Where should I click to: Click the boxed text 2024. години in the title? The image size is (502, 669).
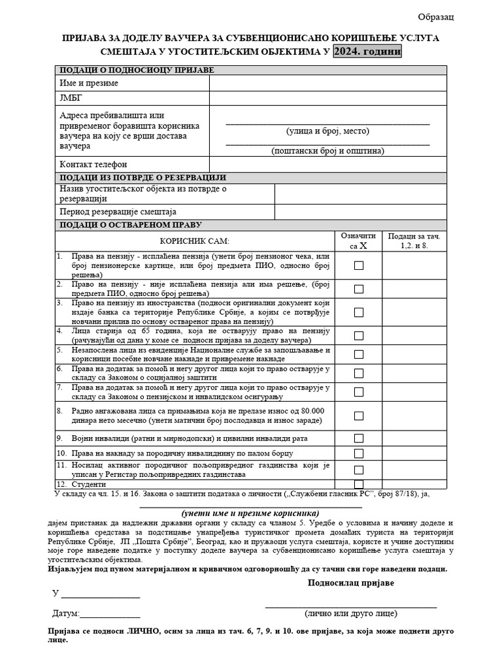click(x=367, y=51)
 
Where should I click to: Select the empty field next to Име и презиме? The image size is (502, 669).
click(x=327, y=83)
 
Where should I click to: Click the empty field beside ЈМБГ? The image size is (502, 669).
click(x=327, y=98)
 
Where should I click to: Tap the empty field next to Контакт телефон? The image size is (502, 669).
click(x=327, y=164)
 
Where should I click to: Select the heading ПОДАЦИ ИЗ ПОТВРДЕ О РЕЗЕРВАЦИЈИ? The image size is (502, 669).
click(x=142, y=178)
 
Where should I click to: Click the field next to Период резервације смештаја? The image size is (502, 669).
click(x=360, y=212)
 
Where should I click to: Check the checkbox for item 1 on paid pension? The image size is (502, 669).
click(x=359, y=266)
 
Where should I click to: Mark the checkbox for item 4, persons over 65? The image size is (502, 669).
click(x=359, y=336)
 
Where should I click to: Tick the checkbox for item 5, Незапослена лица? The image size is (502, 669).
click(x=359, y=355)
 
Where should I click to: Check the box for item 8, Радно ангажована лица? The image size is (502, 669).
click(x=359, y=416)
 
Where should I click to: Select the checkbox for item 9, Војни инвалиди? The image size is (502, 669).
click(x=359, y=438)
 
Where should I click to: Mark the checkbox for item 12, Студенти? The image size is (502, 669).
click(x=359, y=485)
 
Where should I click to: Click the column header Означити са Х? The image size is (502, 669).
click(x=359, y=241)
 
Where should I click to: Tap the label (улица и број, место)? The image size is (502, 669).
click(x=327, y=131)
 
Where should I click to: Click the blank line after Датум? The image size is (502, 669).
click(x=110, y=614)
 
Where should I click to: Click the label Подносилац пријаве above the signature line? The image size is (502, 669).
click(x=351, y=583)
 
